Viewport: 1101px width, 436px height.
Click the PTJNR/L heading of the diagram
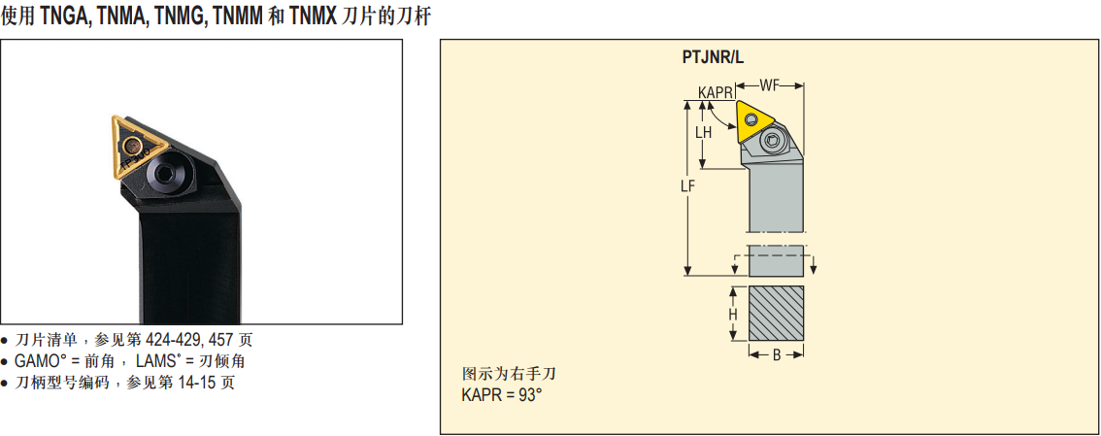714,58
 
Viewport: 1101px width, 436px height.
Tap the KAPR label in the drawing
717,92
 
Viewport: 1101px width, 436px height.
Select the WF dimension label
770,85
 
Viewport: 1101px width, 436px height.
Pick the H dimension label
733,315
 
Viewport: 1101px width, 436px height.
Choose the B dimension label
777,355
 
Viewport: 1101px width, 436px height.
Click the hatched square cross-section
776,313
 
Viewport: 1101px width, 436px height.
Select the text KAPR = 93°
502,395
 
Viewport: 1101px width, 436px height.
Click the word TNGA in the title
65,17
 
